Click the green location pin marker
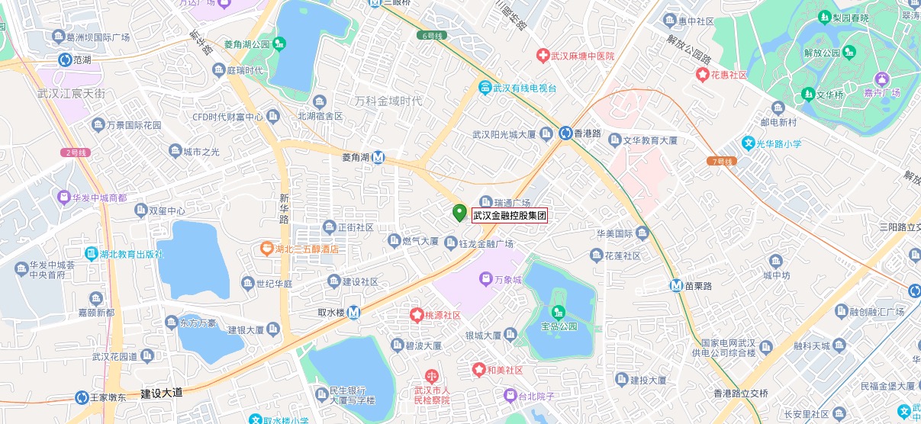[459, 213]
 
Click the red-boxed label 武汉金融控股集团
[510, 216]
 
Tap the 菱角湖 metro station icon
[378, 158]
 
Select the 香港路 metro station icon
[565, 133]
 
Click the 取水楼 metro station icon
[353, 313]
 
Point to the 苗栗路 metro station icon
[676, 286]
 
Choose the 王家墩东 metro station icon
[82, 397]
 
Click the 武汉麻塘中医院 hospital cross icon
[542, 56]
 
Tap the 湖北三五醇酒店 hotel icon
[266, 249]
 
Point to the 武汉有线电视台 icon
[485, 88]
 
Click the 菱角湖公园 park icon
[280, 44]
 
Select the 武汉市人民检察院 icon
[433, 375]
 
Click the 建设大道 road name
[162, 393]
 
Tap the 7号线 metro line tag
[720, 162]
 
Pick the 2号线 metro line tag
[77, 153]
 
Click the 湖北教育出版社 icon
[92, 254]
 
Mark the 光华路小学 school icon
[749, 143]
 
